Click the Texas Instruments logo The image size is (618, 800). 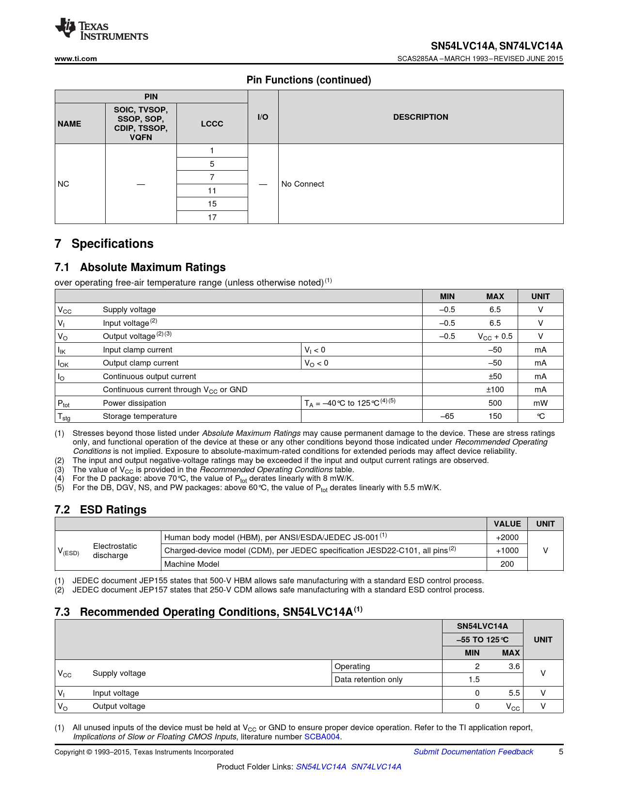(x=101, y=29)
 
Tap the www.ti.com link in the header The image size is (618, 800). (x=76, y=59)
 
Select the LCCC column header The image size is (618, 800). (x=212, y=124)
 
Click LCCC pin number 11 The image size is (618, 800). (x=212, y=191)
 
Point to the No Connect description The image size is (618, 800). (x=302, y=184)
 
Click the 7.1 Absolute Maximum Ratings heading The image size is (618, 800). (x=140, y=267)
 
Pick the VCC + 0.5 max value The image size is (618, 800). (x=495, y=336)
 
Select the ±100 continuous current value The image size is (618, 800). (x=495, y=389)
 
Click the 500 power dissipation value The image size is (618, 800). (x=495, y=403)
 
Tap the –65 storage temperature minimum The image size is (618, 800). (x=447, y=416)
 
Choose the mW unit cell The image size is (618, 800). (x=540, y=403)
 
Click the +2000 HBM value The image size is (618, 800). (x=507, y=537)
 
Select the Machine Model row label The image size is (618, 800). (x=192, y=564)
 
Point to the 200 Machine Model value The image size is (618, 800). (x=507, y=564)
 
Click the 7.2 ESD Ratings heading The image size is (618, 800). (x=100, y=510)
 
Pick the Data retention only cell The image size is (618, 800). (x=368, y=679)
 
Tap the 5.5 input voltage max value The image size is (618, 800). (x=514, y=693)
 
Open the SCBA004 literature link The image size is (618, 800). (x=322, y=736)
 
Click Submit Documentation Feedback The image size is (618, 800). (x=473, y=752)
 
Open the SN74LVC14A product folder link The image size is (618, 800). (x=376, y=767)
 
